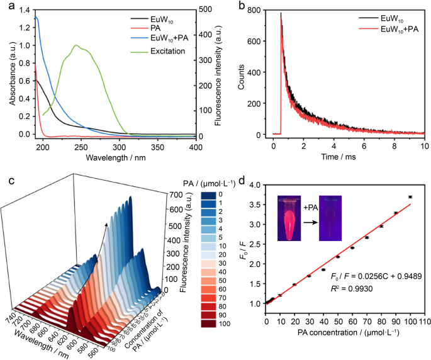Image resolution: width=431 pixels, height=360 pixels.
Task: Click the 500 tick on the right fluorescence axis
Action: click(x=206, y=10)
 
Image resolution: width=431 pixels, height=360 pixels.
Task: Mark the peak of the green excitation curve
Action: click(x=77, y=45)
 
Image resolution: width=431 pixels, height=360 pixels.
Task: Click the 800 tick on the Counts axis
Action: click(x=255, y=10)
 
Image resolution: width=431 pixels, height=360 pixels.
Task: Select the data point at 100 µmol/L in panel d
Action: click(x=410, y=197)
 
